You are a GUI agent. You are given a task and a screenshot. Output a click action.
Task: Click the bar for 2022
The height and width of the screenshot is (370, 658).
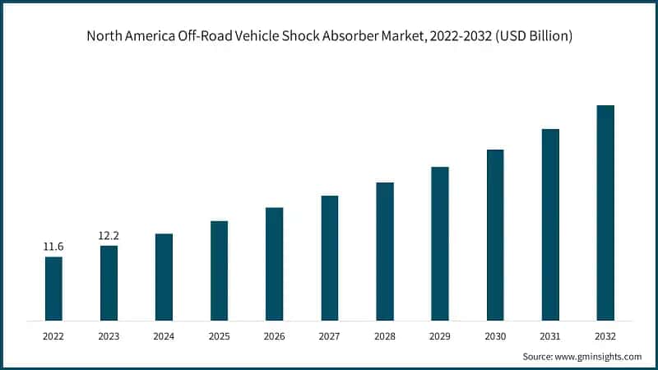click(x=53, y=288)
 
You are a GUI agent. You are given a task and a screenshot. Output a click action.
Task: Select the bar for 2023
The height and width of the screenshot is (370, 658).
click(x=109, y=282)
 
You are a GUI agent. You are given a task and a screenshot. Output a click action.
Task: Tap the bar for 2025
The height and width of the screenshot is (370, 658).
click(x=219, y=270)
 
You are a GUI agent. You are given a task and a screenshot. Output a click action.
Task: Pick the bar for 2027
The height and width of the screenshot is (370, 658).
click(x=330, y=257)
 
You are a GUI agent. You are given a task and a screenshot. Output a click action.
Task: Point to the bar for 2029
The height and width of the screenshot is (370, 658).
click(x=440, y=243)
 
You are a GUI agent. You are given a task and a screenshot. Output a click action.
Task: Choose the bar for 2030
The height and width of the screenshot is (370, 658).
click(x=495, y=234)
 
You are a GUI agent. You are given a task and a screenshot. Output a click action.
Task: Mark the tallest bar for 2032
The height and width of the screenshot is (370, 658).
click(x=605, y=212)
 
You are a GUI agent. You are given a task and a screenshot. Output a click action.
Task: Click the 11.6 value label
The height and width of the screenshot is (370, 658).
click(x=53, y=247)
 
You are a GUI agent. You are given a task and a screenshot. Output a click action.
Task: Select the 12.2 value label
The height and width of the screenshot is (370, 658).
click(x=109, y=235)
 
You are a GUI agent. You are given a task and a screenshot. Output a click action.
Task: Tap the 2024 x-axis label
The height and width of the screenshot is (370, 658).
click(x=164, y=335)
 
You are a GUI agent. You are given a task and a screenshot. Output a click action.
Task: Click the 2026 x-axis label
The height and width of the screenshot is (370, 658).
click(x=274, y=335)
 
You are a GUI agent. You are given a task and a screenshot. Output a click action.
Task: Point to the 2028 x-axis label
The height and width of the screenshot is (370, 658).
click(x=385, y=335)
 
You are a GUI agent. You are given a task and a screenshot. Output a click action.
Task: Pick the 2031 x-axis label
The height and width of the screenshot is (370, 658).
click(x=550, y=335)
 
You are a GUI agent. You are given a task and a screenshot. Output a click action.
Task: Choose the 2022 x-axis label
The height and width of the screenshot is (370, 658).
click(x=53, y=335)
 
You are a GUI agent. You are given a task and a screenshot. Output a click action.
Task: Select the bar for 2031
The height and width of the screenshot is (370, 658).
click(x=550, y=224)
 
